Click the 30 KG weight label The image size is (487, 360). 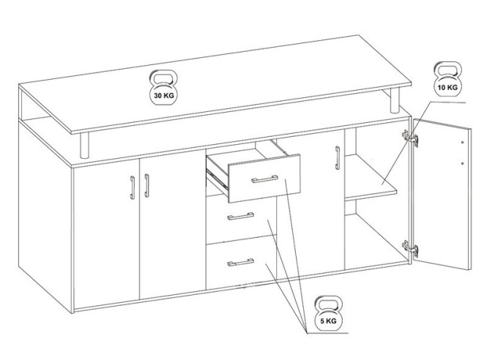tap(164, 95)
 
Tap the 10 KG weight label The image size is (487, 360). tap(447, 88)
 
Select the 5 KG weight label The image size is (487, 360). tap(328, 321)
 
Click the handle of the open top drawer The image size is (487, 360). tap(264, 179)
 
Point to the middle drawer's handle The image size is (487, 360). tap(240, 216)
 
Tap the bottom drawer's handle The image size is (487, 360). tap(240, 262)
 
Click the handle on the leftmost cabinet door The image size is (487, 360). tap(133, 187)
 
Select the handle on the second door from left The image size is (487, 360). tap(146, 186)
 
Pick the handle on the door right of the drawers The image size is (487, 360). tap(338, 158)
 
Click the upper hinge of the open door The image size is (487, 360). tap(410, 138)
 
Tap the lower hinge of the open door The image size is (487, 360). tap(410, 248)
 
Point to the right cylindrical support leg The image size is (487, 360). tap(395, 100)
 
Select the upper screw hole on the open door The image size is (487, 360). tap(462, 142)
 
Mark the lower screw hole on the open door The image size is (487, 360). tap(462, 163)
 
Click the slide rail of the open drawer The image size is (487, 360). tap(218, 180)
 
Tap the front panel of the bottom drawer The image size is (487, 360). tap(242, 263)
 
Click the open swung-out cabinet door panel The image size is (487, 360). tap(442, 195)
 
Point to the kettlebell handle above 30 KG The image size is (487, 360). tap(164, 78)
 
